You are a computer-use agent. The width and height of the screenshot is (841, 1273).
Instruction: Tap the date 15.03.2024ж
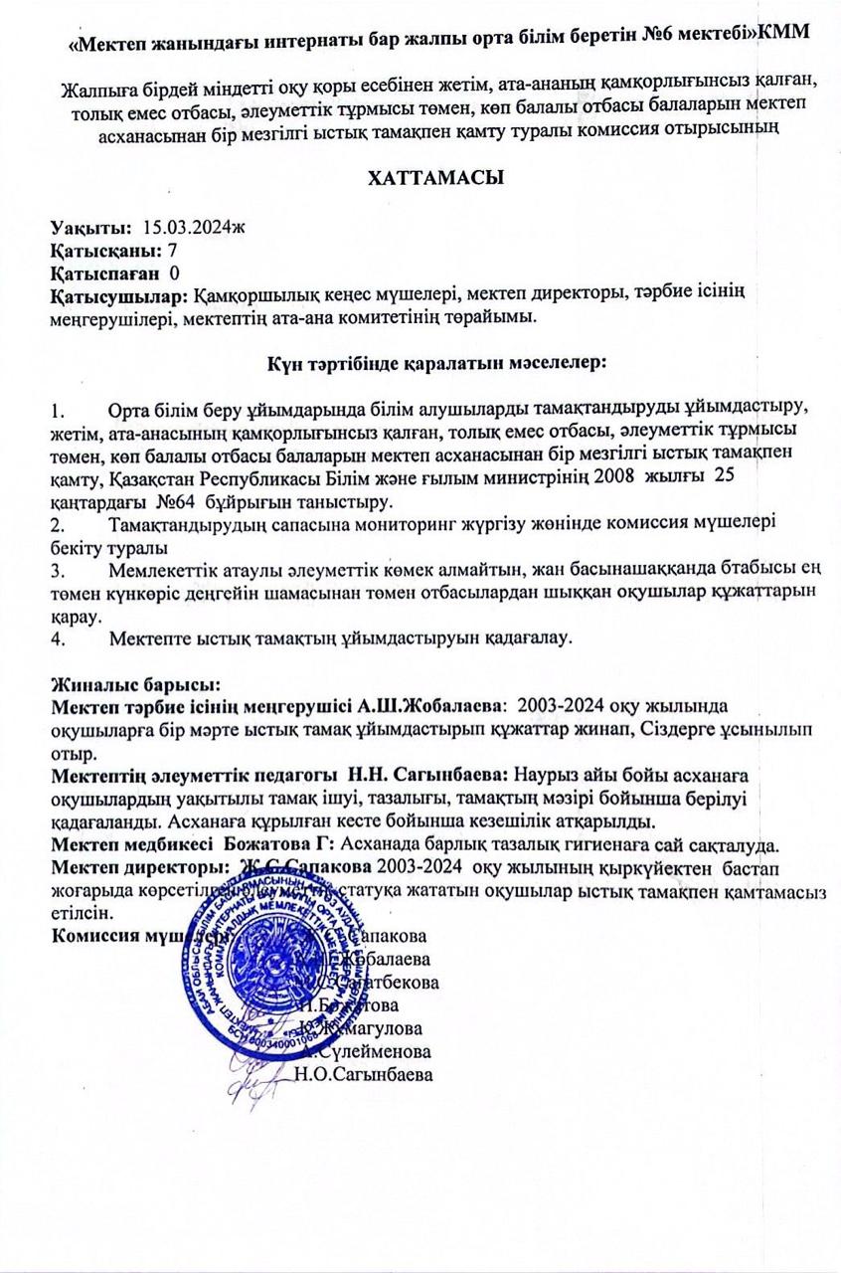click(x=194, y=228)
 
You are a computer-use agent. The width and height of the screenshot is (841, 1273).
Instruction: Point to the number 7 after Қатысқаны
click(x=173, y=250)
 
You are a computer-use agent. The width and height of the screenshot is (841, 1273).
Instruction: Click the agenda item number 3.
click(x=57, y=570)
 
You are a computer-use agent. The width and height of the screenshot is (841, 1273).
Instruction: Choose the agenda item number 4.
click(x=57, y=637)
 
